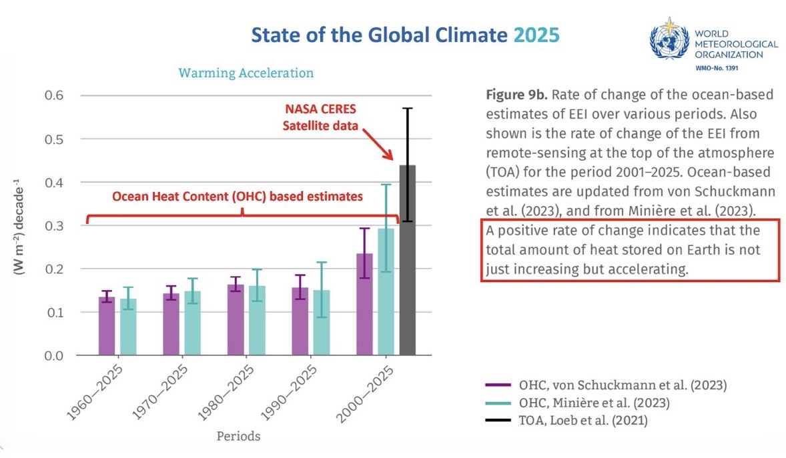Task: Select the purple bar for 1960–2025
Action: (107, 326)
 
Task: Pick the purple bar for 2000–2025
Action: (364, 304)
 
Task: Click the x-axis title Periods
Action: (238, 437)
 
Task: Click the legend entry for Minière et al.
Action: (594, 403)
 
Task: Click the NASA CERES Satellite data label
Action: (345, 117)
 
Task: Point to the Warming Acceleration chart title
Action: (246, 73)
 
